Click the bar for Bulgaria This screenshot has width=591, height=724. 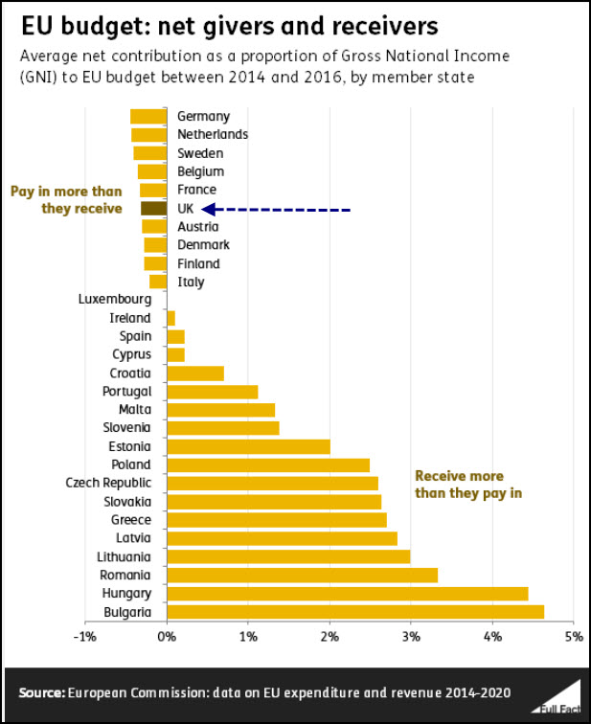(355, 612)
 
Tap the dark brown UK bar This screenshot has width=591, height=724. (154, 208)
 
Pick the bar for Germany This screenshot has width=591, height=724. (148, 116)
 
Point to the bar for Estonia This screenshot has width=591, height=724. (248, 446)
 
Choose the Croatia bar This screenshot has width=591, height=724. (195, 373)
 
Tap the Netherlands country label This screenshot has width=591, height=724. (213, 134)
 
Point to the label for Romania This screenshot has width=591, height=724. (125, 575)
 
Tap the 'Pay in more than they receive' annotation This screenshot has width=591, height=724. (66, 199)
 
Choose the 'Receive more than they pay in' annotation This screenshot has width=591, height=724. (459, 485)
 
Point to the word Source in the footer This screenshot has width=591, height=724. (41, 691)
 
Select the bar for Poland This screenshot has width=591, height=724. (268, 464)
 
